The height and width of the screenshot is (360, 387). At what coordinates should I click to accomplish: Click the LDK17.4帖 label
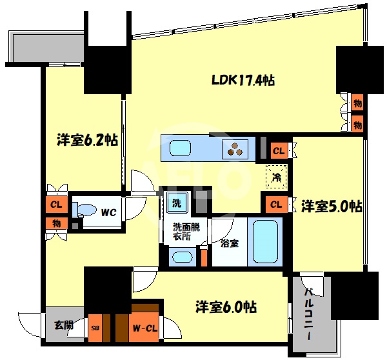[x=244, y=81]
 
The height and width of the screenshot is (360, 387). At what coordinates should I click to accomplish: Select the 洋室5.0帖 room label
[x=331, y=206]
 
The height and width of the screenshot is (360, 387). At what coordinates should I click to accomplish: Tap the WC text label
[x=108, y=210]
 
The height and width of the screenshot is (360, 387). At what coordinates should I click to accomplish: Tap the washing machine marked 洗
[x=176, y=204]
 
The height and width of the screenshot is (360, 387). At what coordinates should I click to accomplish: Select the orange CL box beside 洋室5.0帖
[x=276, y=205]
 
